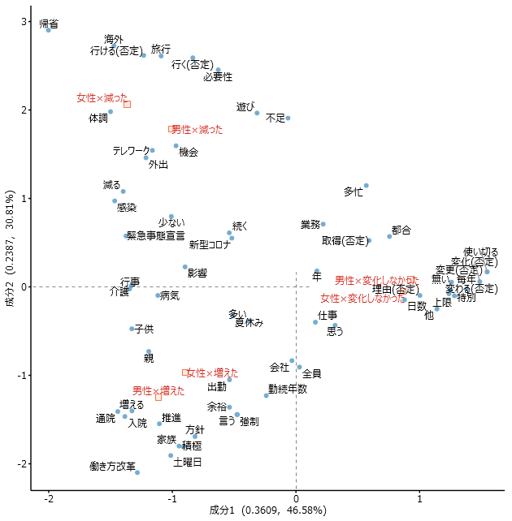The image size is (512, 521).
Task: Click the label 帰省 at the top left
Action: (x=50, y=24)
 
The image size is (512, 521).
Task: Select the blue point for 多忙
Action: (x=367, y=186)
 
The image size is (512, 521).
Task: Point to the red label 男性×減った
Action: (x=197, y=129)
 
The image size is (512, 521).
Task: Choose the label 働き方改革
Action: (x=113, y=467)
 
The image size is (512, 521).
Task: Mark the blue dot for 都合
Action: (x=389, y=236)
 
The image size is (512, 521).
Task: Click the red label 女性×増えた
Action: (x=207, y=372)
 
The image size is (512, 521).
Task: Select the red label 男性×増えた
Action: (x=158, y=390)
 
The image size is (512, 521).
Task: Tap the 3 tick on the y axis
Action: (x=24, y=21)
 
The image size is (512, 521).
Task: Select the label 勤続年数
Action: (x=288, y=389)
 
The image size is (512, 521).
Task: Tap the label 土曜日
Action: (x=188, y=463)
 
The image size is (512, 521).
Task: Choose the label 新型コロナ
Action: (x=210, y=245)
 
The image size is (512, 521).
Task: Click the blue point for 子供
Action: (x=132, y=329)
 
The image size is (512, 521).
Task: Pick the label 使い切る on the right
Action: (x=480, y=252)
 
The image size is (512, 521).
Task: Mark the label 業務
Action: (x=310, y=225)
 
